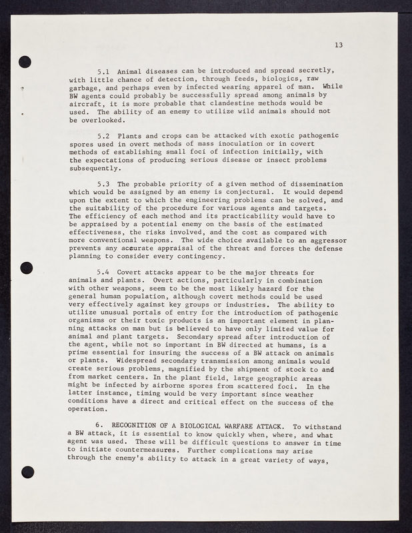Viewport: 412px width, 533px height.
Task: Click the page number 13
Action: (339, 45)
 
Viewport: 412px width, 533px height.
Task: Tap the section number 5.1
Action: (103, 71)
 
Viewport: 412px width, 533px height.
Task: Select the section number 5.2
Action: (103, 136)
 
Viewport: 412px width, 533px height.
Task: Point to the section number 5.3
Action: (103, 184)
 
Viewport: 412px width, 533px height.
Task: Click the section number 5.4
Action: (103, 272)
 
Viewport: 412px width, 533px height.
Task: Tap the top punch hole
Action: (26, 61)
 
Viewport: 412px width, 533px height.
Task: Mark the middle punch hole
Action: (26, 267)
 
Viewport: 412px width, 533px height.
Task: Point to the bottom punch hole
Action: (27, 472)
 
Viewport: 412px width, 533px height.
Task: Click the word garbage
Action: (85, 87)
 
